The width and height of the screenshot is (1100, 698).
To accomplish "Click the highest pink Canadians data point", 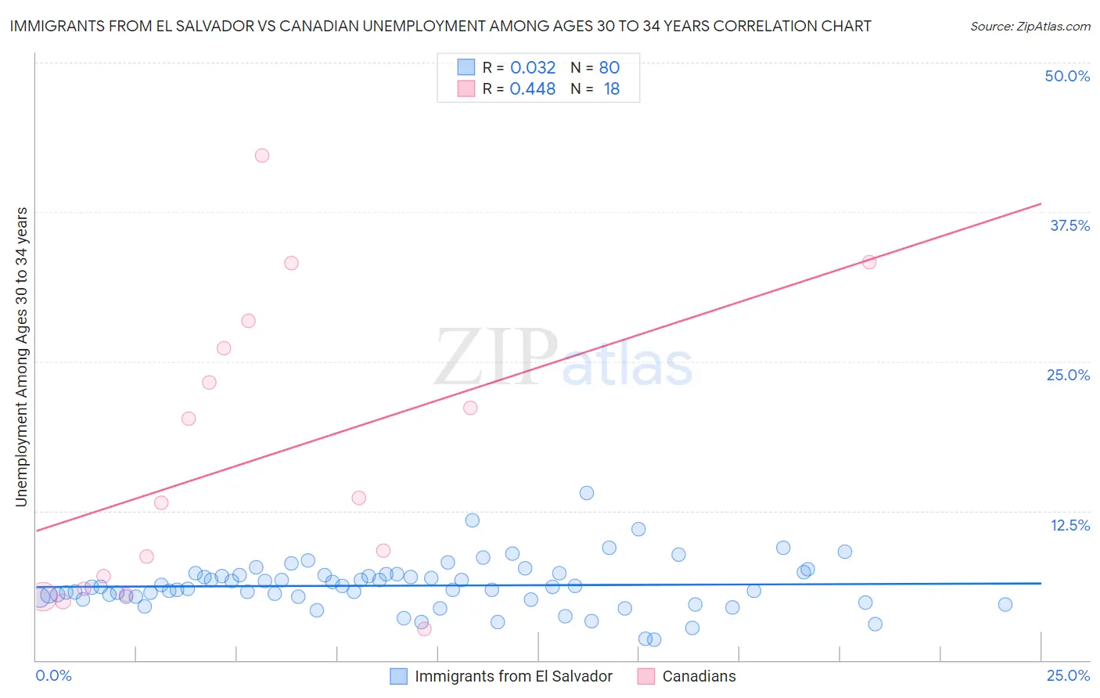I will click(x=262, y=156).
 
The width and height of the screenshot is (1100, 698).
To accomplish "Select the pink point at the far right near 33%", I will click(x=869, y=262).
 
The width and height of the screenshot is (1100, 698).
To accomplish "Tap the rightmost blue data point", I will click(x=1005, y=604).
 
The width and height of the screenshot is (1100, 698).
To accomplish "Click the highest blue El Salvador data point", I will click(x=587, y=493).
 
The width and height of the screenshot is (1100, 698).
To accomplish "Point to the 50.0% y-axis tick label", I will click(x=1067, y=76).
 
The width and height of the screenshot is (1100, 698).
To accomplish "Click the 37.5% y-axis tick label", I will click(x=1069, y=225).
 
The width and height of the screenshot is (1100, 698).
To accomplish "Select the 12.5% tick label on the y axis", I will click(x=1069, y=525).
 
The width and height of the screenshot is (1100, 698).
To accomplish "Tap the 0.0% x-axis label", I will click(x=53, y=675).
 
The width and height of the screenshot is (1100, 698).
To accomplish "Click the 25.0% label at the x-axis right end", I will click(x=1068, y=675).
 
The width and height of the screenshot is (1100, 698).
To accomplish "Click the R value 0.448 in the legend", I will click(x=533, y=89).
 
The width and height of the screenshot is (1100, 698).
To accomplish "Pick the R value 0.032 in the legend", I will click(x=533, y=68).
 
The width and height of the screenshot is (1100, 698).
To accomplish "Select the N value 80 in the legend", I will click(x=609, y=68).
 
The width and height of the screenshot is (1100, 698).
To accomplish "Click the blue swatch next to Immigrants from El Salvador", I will click(x=399, y=676).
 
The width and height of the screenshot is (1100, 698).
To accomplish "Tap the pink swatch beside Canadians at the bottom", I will click(x=646, y=676).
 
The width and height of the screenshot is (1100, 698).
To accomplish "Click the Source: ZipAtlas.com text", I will click(x=1030, y=27).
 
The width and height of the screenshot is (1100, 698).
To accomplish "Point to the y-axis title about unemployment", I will click(x=22, y=357).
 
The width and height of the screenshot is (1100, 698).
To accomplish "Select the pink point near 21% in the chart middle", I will click(x=470, y=408).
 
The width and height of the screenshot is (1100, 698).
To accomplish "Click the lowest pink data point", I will click(x=424, y=628).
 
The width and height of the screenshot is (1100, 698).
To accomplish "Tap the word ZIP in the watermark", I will click(x=496, y=358).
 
